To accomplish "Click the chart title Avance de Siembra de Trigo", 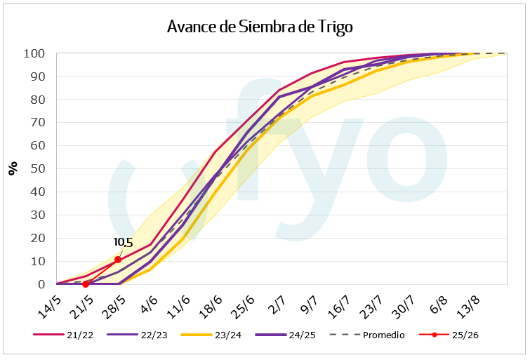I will pyautogui.click(x=260, y=27).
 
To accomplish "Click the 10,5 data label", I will pyautogui.click(x=124, y=242).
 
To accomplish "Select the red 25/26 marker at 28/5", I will pyautogui.click(x=118, y=260).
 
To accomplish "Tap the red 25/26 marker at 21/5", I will pyautogui.click(x=86, y=284).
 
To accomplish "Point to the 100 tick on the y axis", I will pyautogui.click(x=34, y=53).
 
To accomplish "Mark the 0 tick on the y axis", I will pyautogui.click(x=41, y=284).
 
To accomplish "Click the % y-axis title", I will pyautogui.click(x=13, y=168).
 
